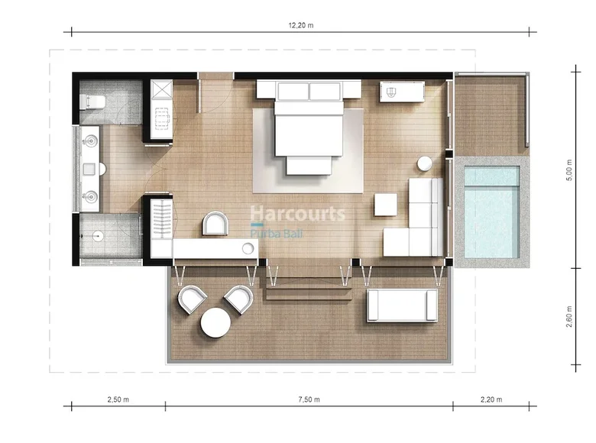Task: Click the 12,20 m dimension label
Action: tap(301, 25)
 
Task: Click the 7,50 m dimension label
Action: tap(309, 399)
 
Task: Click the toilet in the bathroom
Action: tap(93, 101)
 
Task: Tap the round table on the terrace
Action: tap(215, 323)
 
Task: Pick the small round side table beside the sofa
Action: tap(425, 163)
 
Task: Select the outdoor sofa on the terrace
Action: tap(401, 305)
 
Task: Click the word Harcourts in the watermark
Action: tap(298, 214)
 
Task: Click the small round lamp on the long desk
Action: tap(248, 247)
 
